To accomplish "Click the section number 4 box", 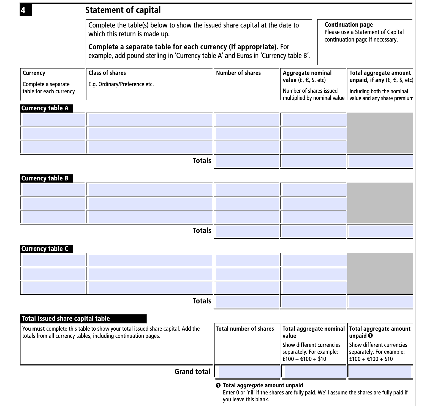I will pos(26,10).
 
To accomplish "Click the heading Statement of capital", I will pos(123,10).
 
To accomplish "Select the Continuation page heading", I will pos(348,25).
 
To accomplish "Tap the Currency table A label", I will pos(45,108).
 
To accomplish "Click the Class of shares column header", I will pos(107,73).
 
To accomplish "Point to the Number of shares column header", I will pos(238,73).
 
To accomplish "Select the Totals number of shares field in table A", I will pos(247,161).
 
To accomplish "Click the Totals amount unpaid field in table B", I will pos(380,231).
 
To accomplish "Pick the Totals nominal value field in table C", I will pos(313,301).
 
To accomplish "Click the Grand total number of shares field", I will pos(249,372).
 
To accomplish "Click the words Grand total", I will pos(192,372).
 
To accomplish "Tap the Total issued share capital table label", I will pos(66,319).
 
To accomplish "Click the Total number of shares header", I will pos(245,329).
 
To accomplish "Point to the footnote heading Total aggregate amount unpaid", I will pos(263,385).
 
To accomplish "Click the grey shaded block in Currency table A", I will pos(380,133).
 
